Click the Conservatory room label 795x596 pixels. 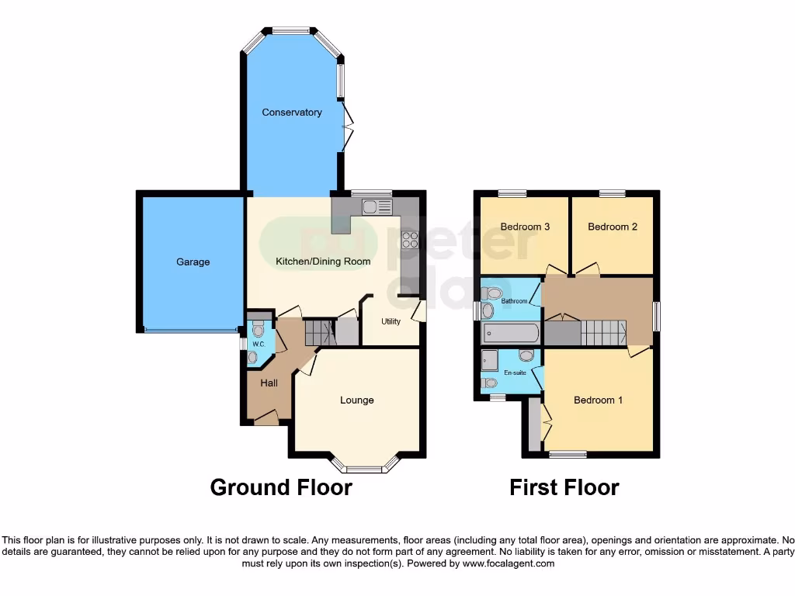click(292, 113)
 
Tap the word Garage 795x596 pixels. click(193, 262)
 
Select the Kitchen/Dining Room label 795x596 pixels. click(323, 262)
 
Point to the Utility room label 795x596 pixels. click(391, 321)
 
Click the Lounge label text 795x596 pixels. click(356, 400)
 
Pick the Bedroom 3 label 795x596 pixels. click(525, 227)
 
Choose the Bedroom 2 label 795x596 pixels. click(613, 227)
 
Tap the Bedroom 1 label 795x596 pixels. click(598, 400)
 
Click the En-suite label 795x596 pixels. click(514, 372)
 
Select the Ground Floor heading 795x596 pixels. click(281, 487)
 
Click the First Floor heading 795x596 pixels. click(564, 487)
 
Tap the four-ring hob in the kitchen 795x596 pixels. click(409, 240)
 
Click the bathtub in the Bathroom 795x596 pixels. click(510, 334)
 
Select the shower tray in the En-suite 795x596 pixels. click(490, 360)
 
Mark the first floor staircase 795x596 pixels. click(604, 334)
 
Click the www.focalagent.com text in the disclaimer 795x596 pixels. click(509, 563)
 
